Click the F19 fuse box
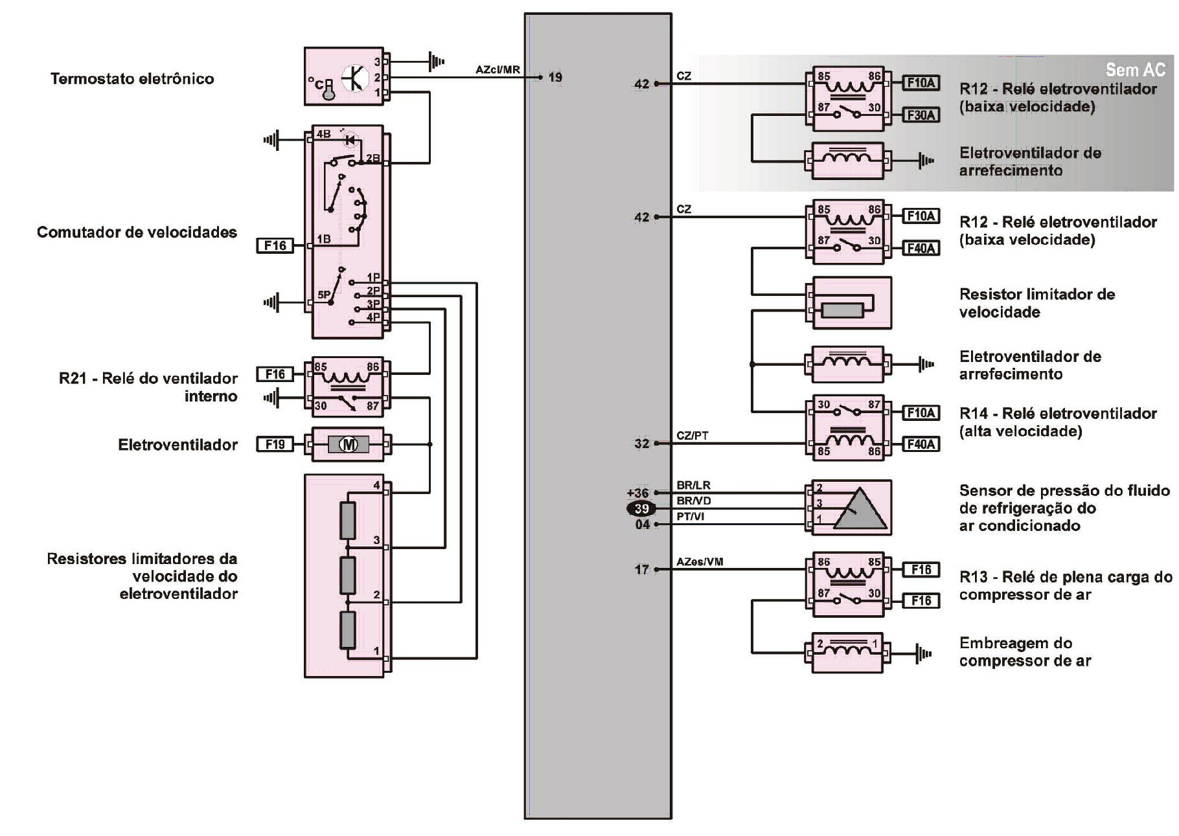pos(275,444)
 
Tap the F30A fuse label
pos(921,115)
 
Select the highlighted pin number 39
pos(641,508)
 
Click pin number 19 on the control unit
pos(555,77)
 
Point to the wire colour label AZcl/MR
pos(498,69)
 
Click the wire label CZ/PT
pos(693,435)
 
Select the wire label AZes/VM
pos(700,561)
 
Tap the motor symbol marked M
pos(349,444)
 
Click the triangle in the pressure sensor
pos(860,509)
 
